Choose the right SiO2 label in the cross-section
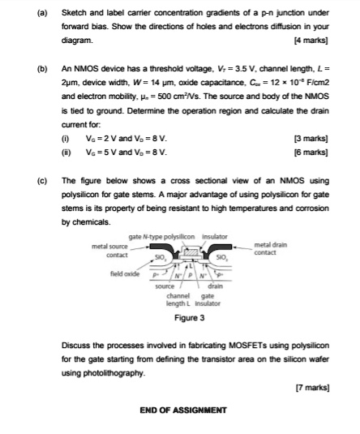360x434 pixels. coord(220,256)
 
